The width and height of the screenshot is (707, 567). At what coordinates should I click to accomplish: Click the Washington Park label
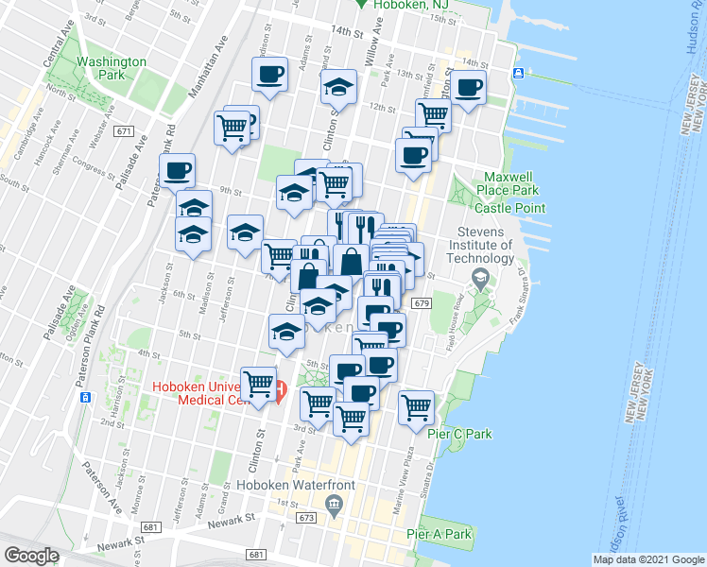pos(112,68)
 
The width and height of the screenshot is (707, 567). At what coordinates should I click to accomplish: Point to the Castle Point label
pos(505,207)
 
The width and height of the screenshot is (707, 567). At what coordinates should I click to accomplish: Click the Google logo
pos(32,556)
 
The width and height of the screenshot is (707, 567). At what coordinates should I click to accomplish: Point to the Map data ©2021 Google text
pos(647,558)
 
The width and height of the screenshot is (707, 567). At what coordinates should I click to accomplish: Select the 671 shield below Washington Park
pos(124,130)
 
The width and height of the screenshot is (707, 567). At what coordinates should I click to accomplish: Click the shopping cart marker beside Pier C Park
pos(417,406)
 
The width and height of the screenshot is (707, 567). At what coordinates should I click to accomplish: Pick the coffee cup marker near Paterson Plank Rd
pos(177,170)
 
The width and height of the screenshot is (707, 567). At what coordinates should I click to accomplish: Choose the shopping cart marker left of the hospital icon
pos(258,383)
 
